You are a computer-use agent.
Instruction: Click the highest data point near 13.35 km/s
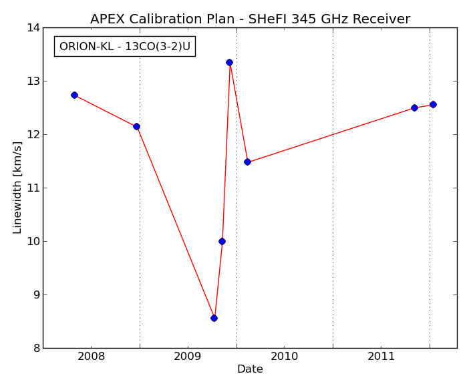click(230, 62)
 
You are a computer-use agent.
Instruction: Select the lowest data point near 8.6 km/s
click(214, 318)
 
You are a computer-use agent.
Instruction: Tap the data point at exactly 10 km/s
click(222, 241)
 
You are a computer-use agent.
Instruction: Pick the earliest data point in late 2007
click(75, 95)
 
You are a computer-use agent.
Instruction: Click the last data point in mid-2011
click(433, 104)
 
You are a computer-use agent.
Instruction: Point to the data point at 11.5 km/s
click(247, 162)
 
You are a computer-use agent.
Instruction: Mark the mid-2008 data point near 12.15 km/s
click(136, 126)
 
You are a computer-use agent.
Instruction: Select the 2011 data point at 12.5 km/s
click(414, 108)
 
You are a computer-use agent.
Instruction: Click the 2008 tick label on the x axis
click(92, 357)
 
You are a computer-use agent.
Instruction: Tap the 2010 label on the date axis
click(285, 357)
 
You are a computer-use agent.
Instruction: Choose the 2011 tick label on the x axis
click(381, 357)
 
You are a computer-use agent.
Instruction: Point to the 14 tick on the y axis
click(33, 27)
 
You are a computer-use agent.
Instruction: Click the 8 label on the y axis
click(37, 348)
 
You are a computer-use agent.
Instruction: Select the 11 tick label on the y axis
click(33, 188)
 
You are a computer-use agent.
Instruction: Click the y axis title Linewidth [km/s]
click(17, 188)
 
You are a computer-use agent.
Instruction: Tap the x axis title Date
click(251, 369)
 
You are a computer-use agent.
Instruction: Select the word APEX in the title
click(108, 19)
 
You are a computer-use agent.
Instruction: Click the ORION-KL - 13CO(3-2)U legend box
click(125, 46)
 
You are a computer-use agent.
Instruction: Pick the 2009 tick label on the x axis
click(188, 357)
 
